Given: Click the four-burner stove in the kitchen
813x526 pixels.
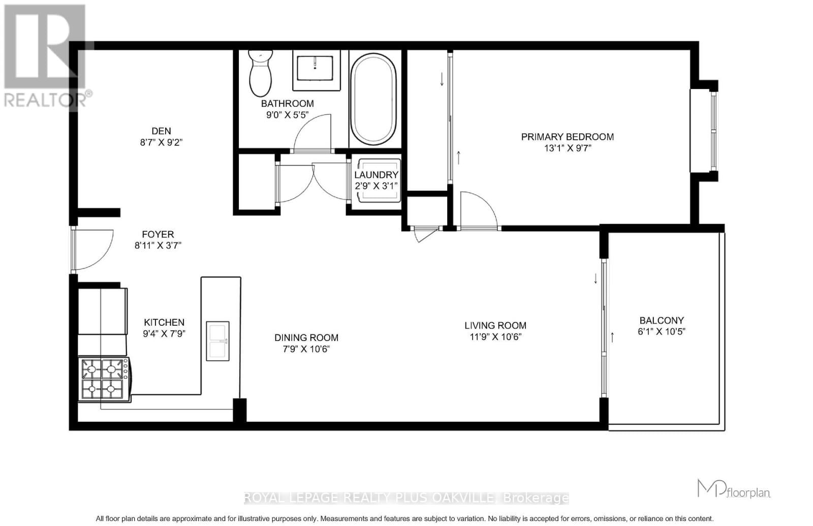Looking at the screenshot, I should pos(103,379).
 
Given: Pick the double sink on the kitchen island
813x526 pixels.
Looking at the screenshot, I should pos(217,341).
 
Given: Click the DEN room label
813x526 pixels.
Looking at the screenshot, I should pos(161,131).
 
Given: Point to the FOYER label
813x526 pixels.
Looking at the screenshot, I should pos(158,234).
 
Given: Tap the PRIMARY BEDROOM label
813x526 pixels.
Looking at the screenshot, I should pos(567,137).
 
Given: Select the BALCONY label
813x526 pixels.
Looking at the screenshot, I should pos(662,320).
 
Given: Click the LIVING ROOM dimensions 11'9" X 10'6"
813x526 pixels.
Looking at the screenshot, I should pos(495,337).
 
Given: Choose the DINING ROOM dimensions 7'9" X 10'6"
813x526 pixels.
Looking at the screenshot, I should pos(306,349).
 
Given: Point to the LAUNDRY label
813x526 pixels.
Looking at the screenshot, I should pos(376,175).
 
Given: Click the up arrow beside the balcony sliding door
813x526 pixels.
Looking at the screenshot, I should pos(612,337).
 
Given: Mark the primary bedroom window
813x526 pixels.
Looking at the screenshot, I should pos(713,131).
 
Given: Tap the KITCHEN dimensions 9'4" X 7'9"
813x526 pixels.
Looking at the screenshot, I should pos(164,334).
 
